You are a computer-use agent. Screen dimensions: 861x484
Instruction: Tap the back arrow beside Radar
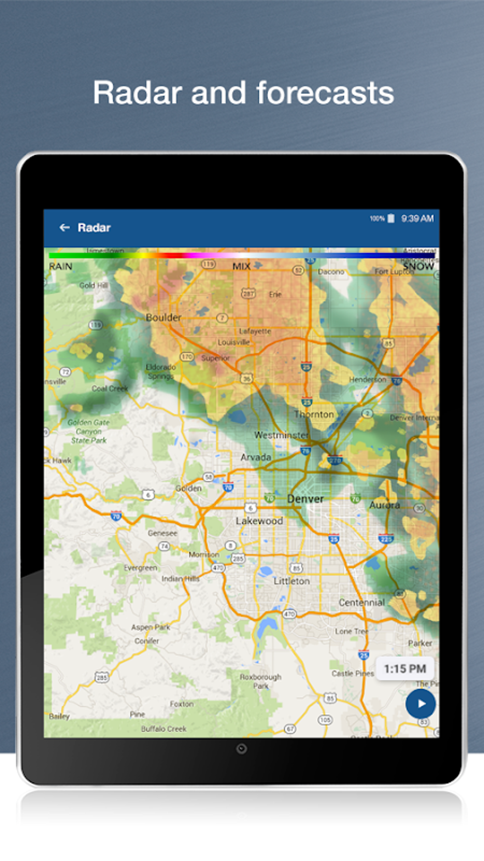(x=65, y=228)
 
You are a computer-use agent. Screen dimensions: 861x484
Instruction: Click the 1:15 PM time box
(x=405, y=669)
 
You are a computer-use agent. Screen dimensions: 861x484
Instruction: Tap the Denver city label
(x=305, y=499)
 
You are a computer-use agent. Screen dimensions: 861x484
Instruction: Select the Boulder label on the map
(x=163, y=317)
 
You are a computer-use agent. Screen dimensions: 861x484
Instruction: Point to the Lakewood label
(x=259, y=521)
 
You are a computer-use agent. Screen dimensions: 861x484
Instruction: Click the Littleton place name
(x=291, y=581)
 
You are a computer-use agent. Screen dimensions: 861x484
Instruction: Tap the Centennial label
(x=362, y=602)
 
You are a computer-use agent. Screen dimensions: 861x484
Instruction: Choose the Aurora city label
(x=384, y=505)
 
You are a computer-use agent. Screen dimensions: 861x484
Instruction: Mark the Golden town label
(x=188, y=488)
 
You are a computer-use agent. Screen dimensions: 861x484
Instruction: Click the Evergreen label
(x=140, y=568)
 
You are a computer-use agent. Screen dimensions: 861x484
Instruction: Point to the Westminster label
(x=281, y=435)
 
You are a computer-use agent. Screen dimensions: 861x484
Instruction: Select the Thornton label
(x=314, y=414)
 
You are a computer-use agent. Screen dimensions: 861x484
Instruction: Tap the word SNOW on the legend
(x=419, y=266)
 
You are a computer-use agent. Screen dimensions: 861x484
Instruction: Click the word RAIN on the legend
(x=61, y=266)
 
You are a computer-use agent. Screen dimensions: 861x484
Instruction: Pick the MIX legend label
(x=241, y=266)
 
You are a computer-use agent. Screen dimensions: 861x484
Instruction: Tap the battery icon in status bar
(x=391, y=218)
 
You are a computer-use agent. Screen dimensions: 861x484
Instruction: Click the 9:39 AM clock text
(x=417, y=218)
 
